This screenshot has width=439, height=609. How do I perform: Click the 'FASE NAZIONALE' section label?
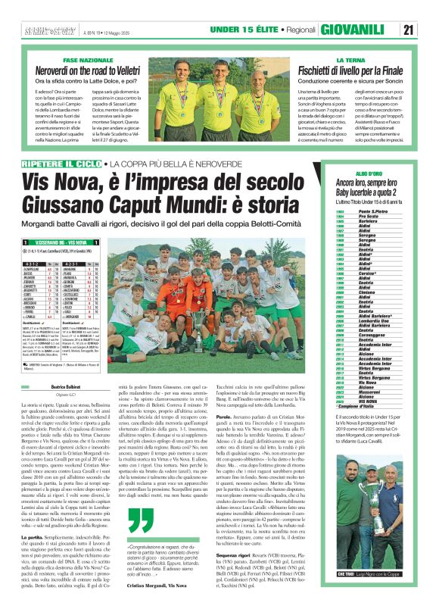click(88, 59)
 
